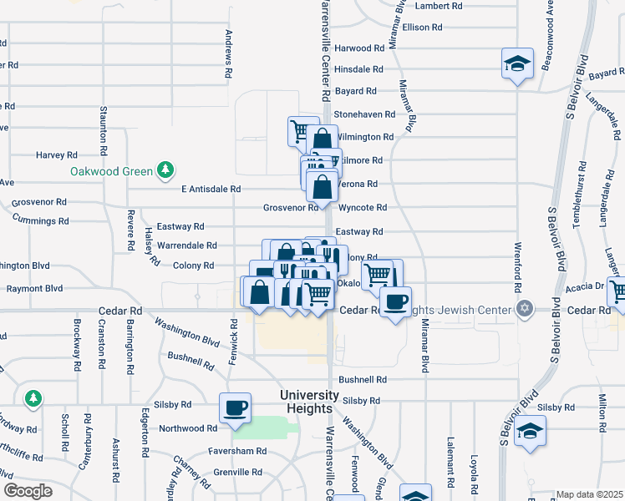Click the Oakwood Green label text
pyautogui.click(x=111, y=172)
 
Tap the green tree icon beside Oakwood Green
pyautogui.click(x=165, y=170)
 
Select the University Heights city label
pyautogui.click(x=309, y=401)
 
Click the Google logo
pyautogui.click(x=28, y=491)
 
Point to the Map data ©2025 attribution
pyautogui.click(x=590, y=494)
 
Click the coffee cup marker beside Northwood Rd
pyautogui.click(x=235, y=407)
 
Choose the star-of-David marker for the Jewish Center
pyautogui.click(x=525, y=310)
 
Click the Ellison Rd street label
pyautogui.click(x=422, y=28)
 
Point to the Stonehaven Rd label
pyautogui.click(x=363, y=114)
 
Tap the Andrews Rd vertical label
pyautogui.click(x=229, y=54)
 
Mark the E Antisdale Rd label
pyautogui.click(x=211, y=190)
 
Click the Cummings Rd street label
pyautogui.click(x=40, y=220)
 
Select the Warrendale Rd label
pyautogui.click(x=187, y=246)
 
